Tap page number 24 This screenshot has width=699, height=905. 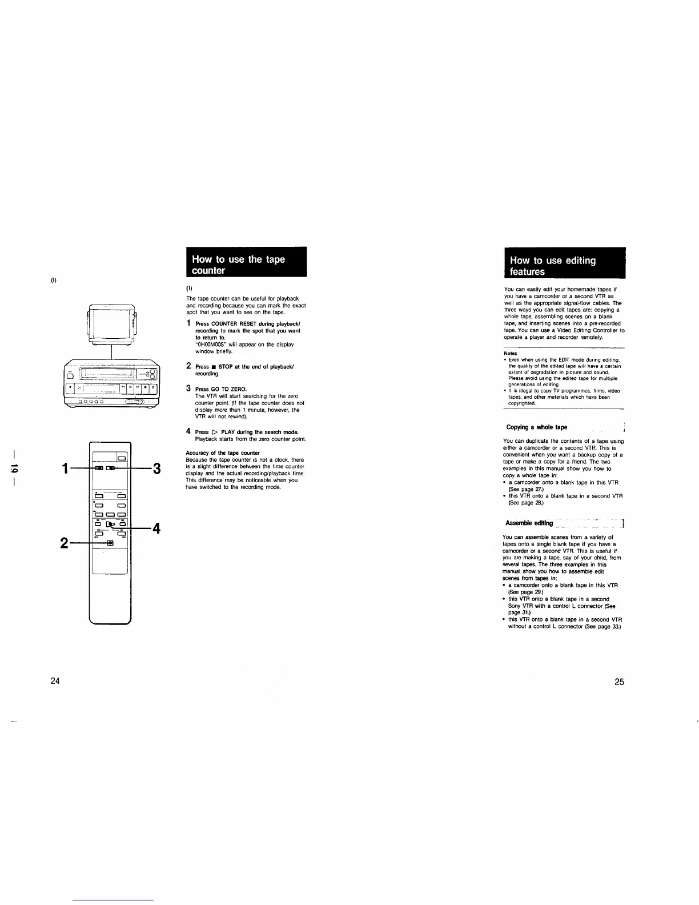coord(55,681)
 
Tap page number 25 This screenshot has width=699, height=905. coord(619,682)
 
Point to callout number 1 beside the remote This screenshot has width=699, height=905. coord(67,469)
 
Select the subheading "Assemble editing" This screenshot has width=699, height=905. coord(529,523)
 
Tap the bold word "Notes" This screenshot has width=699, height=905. coord(510,353)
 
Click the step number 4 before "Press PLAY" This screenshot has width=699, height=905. coord(188,431)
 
